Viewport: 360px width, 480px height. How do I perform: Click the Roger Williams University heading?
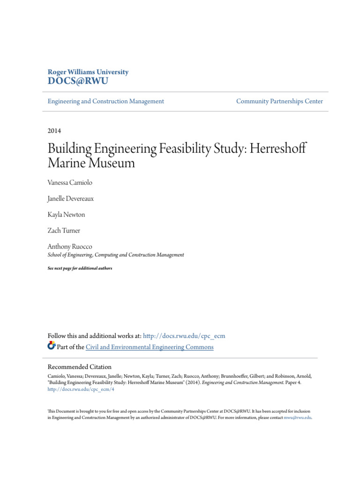tap(88, 72)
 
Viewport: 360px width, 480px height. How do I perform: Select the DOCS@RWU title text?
tap(78, 82)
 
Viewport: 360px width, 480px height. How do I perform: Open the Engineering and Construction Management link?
tap(106, 101)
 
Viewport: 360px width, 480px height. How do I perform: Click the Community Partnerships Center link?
tap(279, 101)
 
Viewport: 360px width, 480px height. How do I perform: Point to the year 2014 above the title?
tap(54, 131)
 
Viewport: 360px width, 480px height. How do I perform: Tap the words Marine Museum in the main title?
tap(91, 163)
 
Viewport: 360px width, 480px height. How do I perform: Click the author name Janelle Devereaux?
tap(71, 198)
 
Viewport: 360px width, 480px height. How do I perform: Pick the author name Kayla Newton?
tap(67, 215)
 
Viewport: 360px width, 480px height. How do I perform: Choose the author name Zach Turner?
tap(64, 231)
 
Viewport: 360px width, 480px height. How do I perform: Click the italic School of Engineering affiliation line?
tap(116, 255)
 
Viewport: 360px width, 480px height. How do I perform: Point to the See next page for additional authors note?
tap(80, 268)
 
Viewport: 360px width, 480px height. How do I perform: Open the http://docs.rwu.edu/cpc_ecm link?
tap(184, 336)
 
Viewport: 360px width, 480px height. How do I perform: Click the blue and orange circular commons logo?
tap(52, 346)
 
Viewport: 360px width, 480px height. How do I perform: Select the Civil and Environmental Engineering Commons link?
tap(150, 347)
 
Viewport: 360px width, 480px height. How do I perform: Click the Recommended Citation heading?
tap(80, 367)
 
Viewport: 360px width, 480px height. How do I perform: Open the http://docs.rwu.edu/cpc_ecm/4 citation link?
tap(81, 389)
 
